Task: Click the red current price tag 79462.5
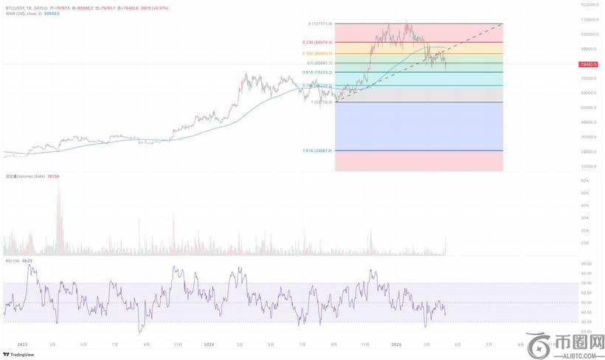pos(588,65)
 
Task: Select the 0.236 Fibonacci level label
pos(319,43)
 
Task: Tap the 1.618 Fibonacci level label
pos(318,150)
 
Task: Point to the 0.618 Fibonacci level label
pos(319,73)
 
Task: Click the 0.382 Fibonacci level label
pos(319,54)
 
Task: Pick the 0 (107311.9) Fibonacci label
pos(321,24)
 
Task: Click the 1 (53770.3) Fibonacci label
pos(319,102)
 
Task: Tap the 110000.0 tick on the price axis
pos(589,19)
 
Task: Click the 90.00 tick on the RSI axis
pos(587,263)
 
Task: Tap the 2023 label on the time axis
pos(22,344)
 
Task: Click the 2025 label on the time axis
pos(395,344)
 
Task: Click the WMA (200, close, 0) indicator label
pos(21,13)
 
